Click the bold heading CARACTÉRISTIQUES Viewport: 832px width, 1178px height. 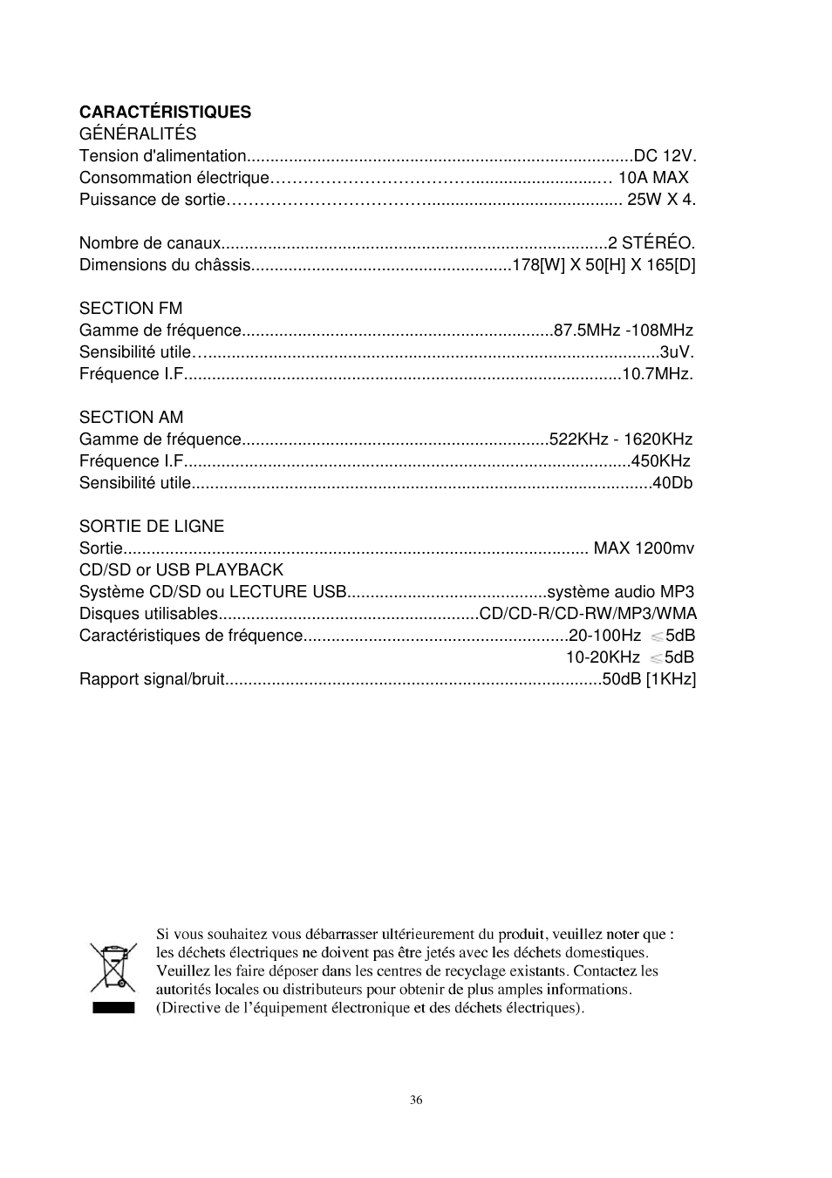tap(165, 112)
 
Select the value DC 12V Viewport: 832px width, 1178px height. tap(665, 156)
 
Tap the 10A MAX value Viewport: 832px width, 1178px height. tap(653, 178)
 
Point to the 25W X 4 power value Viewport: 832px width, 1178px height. tap(661, 200)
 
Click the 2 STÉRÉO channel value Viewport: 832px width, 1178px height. tap(651, 243)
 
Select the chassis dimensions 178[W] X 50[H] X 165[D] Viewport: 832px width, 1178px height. tap(604, 265)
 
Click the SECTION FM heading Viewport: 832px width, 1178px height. tap(131, 309)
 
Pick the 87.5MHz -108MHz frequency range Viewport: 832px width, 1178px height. tap(624, 330)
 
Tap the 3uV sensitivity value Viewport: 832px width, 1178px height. tap(677, 352)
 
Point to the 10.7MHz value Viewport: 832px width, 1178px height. tap(658, 374)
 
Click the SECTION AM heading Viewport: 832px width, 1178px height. tap(132, 418)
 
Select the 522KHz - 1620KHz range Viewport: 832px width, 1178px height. tap(621, 439)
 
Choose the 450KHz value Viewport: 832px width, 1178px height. tap(661, 461)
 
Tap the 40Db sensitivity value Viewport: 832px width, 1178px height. tap(672, 483)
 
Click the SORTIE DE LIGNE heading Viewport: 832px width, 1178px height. tap(152, 527)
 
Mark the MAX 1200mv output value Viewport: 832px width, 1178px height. tap(644, 548)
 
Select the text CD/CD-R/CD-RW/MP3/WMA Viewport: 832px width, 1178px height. tap(589, 614)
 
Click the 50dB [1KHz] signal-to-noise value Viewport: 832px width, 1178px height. tap(650, 679)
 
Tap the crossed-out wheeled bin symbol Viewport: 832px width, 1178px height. tap(113, 969)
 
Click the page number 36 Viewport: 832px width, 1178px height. tap(416, 1100)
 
